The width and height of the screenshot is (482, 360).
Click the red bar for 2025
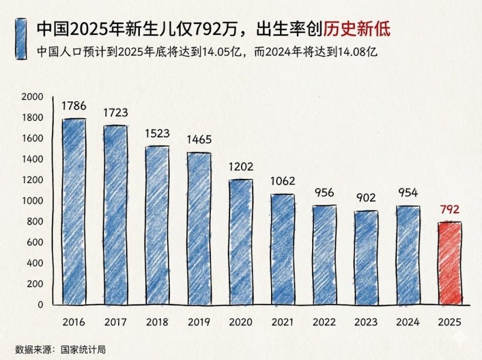point(449,264)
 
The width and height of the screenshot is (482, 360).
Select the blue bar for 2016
point(74,212)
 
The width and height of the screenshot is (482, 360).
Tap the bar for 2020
point(241,242)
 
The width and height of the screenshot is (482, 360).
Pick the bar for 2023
point(366,258)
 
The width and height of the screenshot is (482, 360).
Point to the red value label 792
point(449,210)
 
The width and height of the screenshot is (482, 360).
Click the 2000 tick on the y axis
point(32,96)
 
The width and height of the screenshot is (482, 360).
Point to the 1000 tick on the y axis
point(32,200)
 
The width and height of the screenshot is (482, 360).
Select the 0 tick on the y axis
point(40,305)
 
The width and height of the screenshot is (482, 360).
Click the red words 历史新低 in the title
point(358,28)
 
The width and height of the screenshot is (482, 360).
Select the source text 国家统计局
point(76,349)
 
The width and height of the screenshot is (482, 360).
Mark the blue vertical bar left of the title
point(22,39)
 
